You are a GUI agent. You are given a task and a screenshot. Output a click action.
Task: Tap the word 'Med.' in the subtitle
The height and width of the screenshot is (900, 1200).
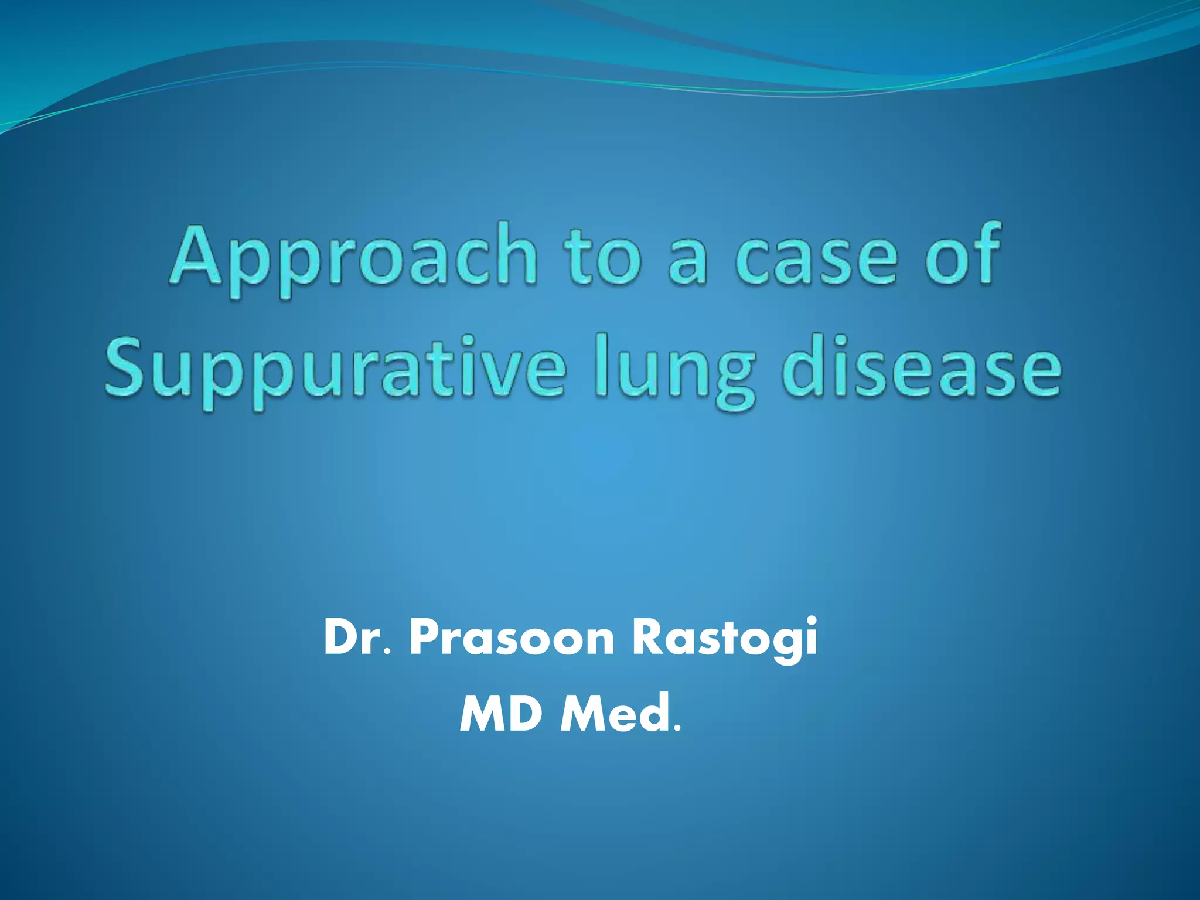pos(621,713)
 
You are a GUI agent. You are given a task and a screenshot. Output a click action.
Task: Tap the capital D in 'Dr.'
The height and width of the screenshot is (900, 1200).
pos(341,637)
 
